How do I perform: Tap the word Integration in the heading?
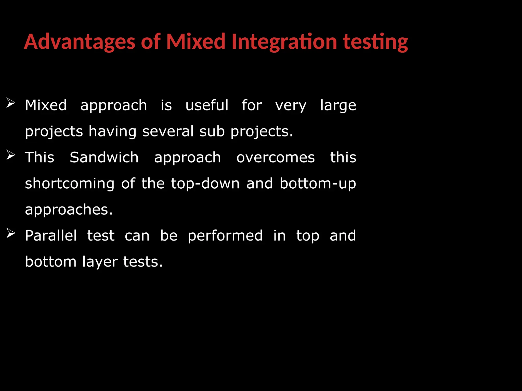pos(284,42)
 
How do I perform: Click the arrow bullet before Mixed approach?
pos(11,103)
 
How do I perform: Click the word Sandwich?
pos(104,157)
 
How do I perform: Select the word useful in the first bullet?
pos(207,105)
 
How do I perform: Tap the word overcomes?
pos(276,158)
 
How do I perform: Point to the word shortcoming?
pos(70,184)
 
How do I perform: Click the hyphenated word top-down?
pos(205,184)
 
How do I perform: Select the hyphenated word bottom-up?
pos(318,184)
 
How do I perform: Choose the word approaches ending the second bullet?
pos(69,210)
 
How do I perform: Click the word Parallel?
pos(51,235)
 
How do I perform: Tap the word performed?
pos(225,236)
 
